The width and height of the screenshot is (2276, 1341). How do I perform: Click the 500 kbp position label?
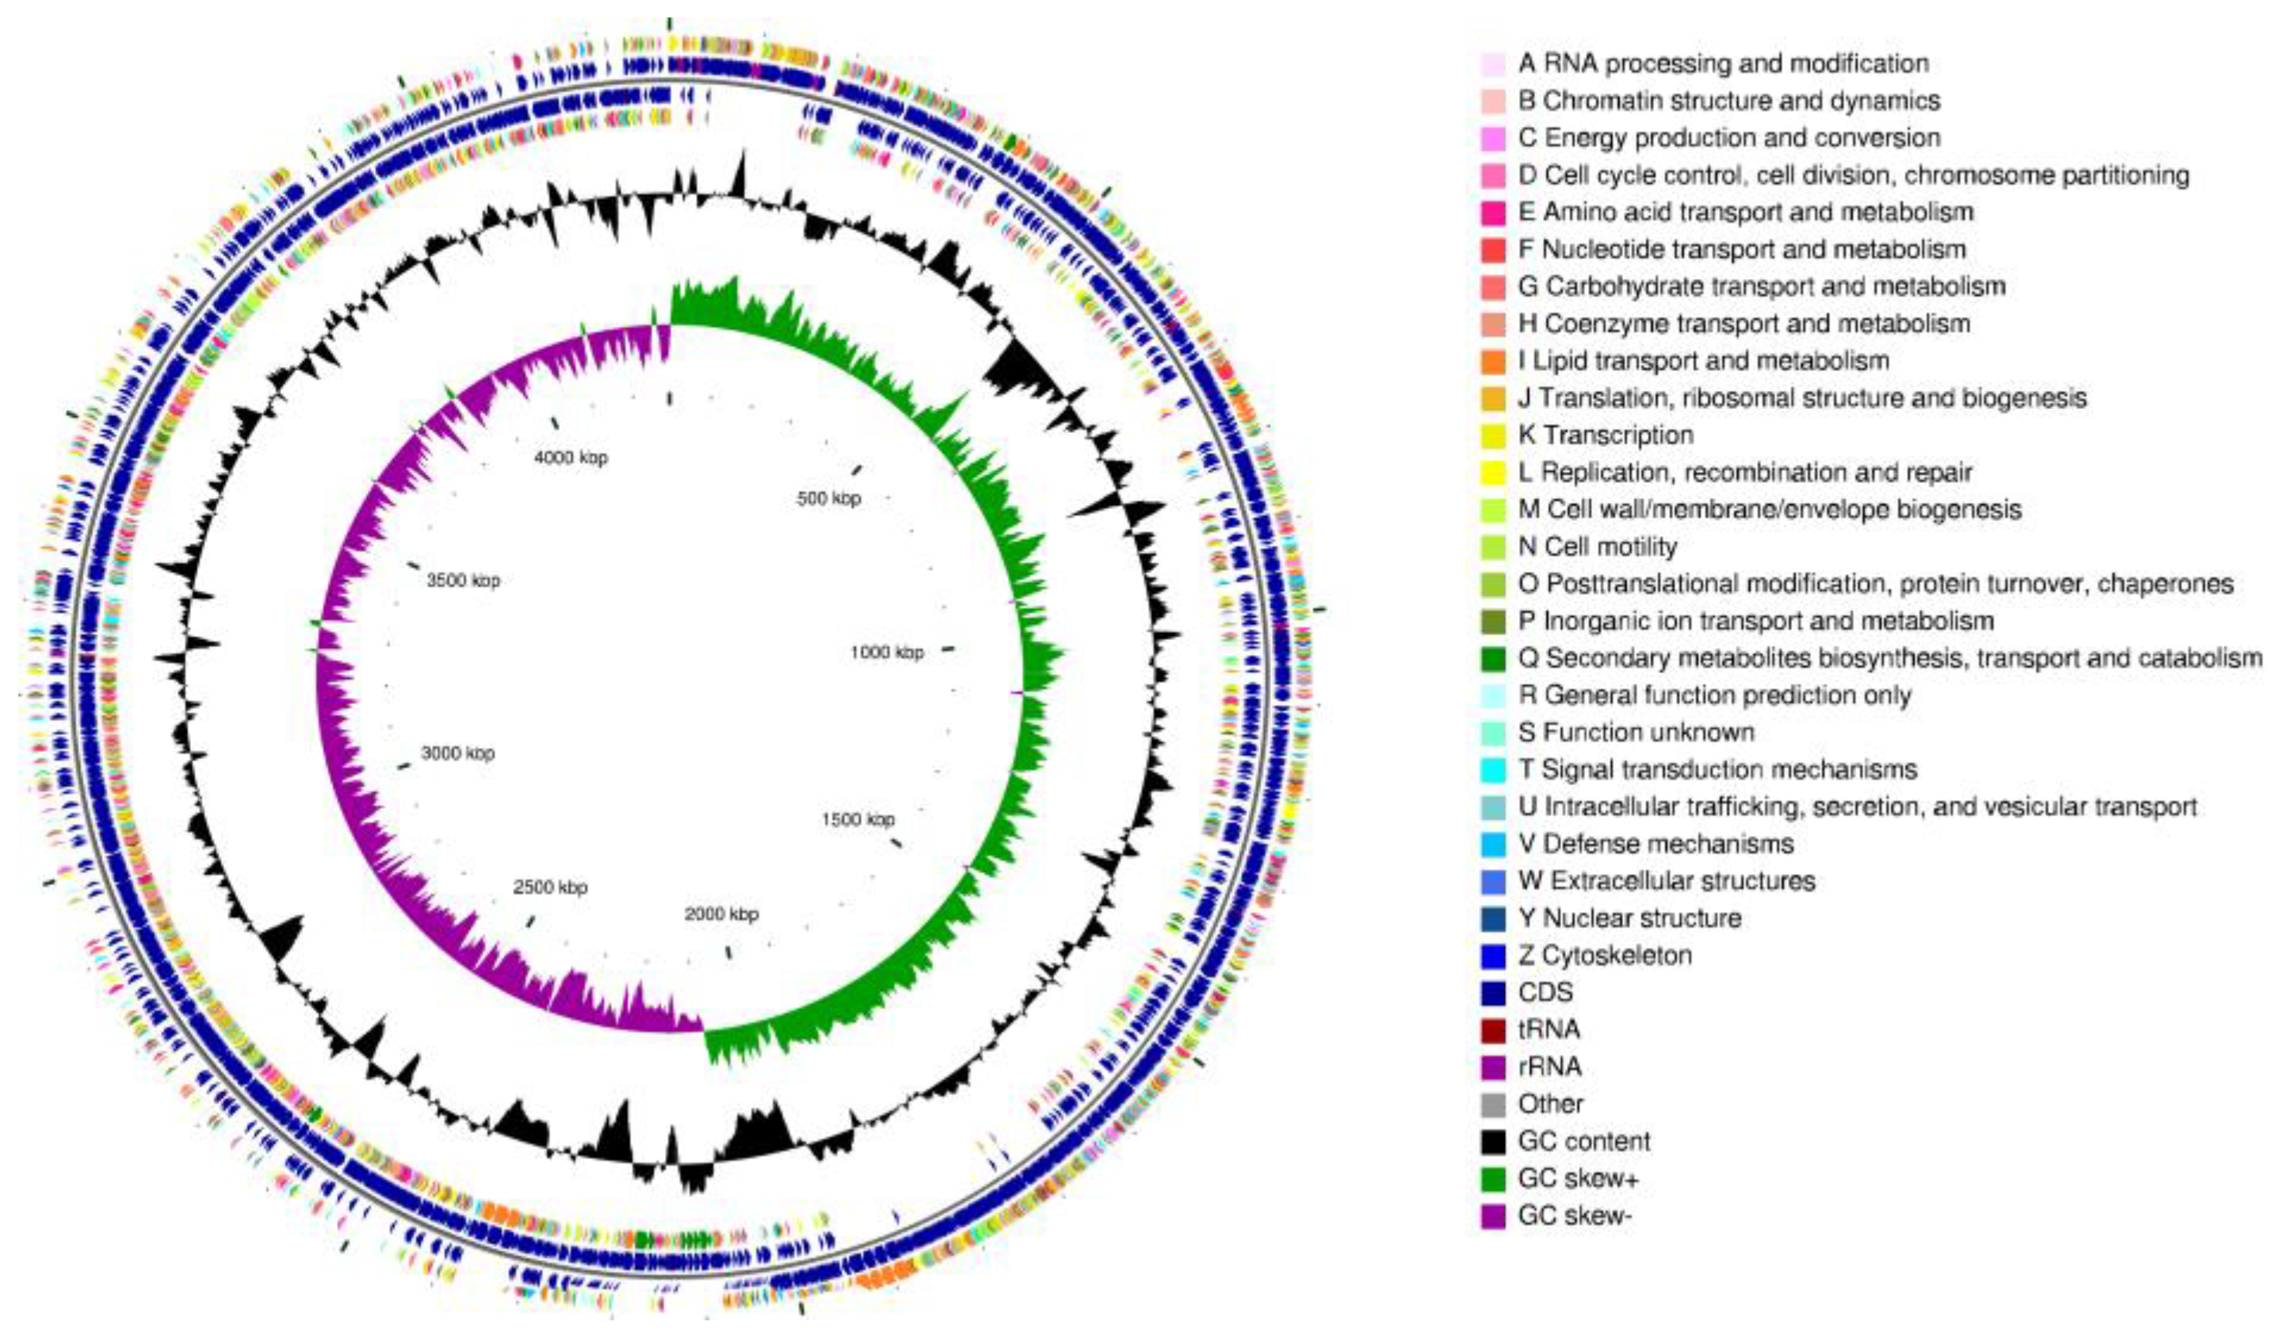point(828,498)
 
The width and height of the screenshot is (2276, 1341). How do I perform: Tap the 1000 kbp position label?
point(887,652)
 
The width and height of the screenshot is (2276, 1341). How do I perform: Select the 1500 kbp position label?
point(857,818)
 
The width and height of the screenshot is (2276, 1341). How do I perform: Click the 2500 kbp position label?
point(550,887)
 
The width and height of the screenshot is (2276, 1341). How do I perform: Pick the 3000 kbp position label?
point(458,753)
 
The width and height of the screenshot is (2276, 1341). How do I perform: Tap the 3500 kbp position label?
point(464,580)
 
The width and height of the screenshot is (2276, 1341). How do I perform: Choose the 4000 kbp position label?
point(571,458)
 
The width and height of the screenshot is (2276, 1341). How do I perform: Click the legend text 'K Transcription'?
point(1605,435)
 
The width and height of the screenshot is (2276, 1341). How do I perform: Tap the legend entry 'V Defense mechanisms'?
point(1655,844)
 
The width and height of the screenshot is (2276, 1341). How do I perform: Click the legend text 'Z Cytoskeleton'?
point(1605,955)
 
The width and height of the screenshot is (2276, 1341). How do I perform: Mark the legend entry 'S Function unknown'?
point(1636,732)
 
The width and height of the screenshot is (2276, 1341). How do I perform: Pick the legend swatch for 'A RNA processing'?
point(1493,63)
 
